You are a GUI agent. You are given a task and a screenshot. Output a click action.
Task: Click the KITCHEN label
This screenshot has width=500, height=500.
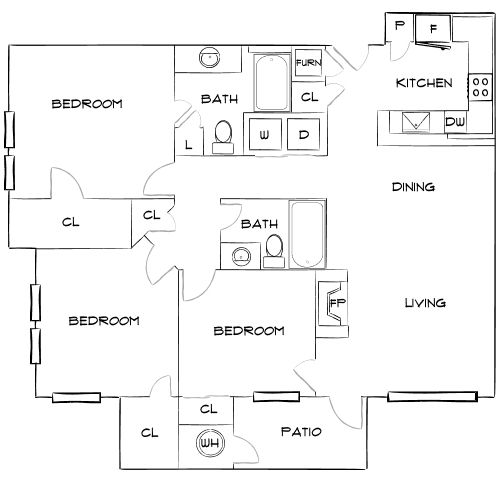point(425,82)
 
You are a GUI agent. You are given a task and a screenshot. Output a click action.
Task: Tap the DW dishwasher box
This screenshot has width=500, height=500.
point(455,122)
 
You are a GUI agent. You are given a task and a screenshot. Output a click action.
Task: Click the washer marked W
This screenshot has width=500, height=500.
point(264,134)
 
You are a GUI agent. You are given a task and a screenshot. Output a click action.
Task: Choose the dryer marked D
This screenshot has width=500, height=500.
point(303,134)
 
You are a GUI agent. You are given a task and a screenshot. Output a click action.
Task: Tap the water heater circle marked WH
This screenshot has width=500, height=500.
point(208,442)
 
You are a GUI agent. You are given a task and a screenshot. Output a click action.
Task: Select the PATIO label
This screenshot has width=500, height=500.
point(301,433)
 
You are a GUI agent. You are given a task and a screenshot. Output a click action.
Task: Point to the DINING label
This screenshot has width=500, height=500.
point(412,187)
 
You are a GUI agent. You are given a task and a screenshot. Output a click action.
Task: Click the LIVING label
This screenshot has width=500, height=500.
point(424,303)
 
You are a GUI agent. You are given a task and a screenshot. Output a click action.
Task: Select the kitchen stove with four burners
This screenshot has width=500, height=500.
point(480,88)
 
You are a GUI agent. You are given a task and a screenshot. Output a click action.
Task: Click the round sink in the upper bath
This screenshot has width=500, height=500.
point(208,58)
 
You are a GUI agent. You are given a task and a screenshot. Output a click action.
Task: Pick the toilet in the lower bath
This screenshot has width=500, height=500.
point(274,250)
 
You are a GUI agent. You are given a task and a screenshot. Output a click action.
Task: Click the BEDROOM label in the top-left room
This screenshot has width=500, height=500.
point(87,104)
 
